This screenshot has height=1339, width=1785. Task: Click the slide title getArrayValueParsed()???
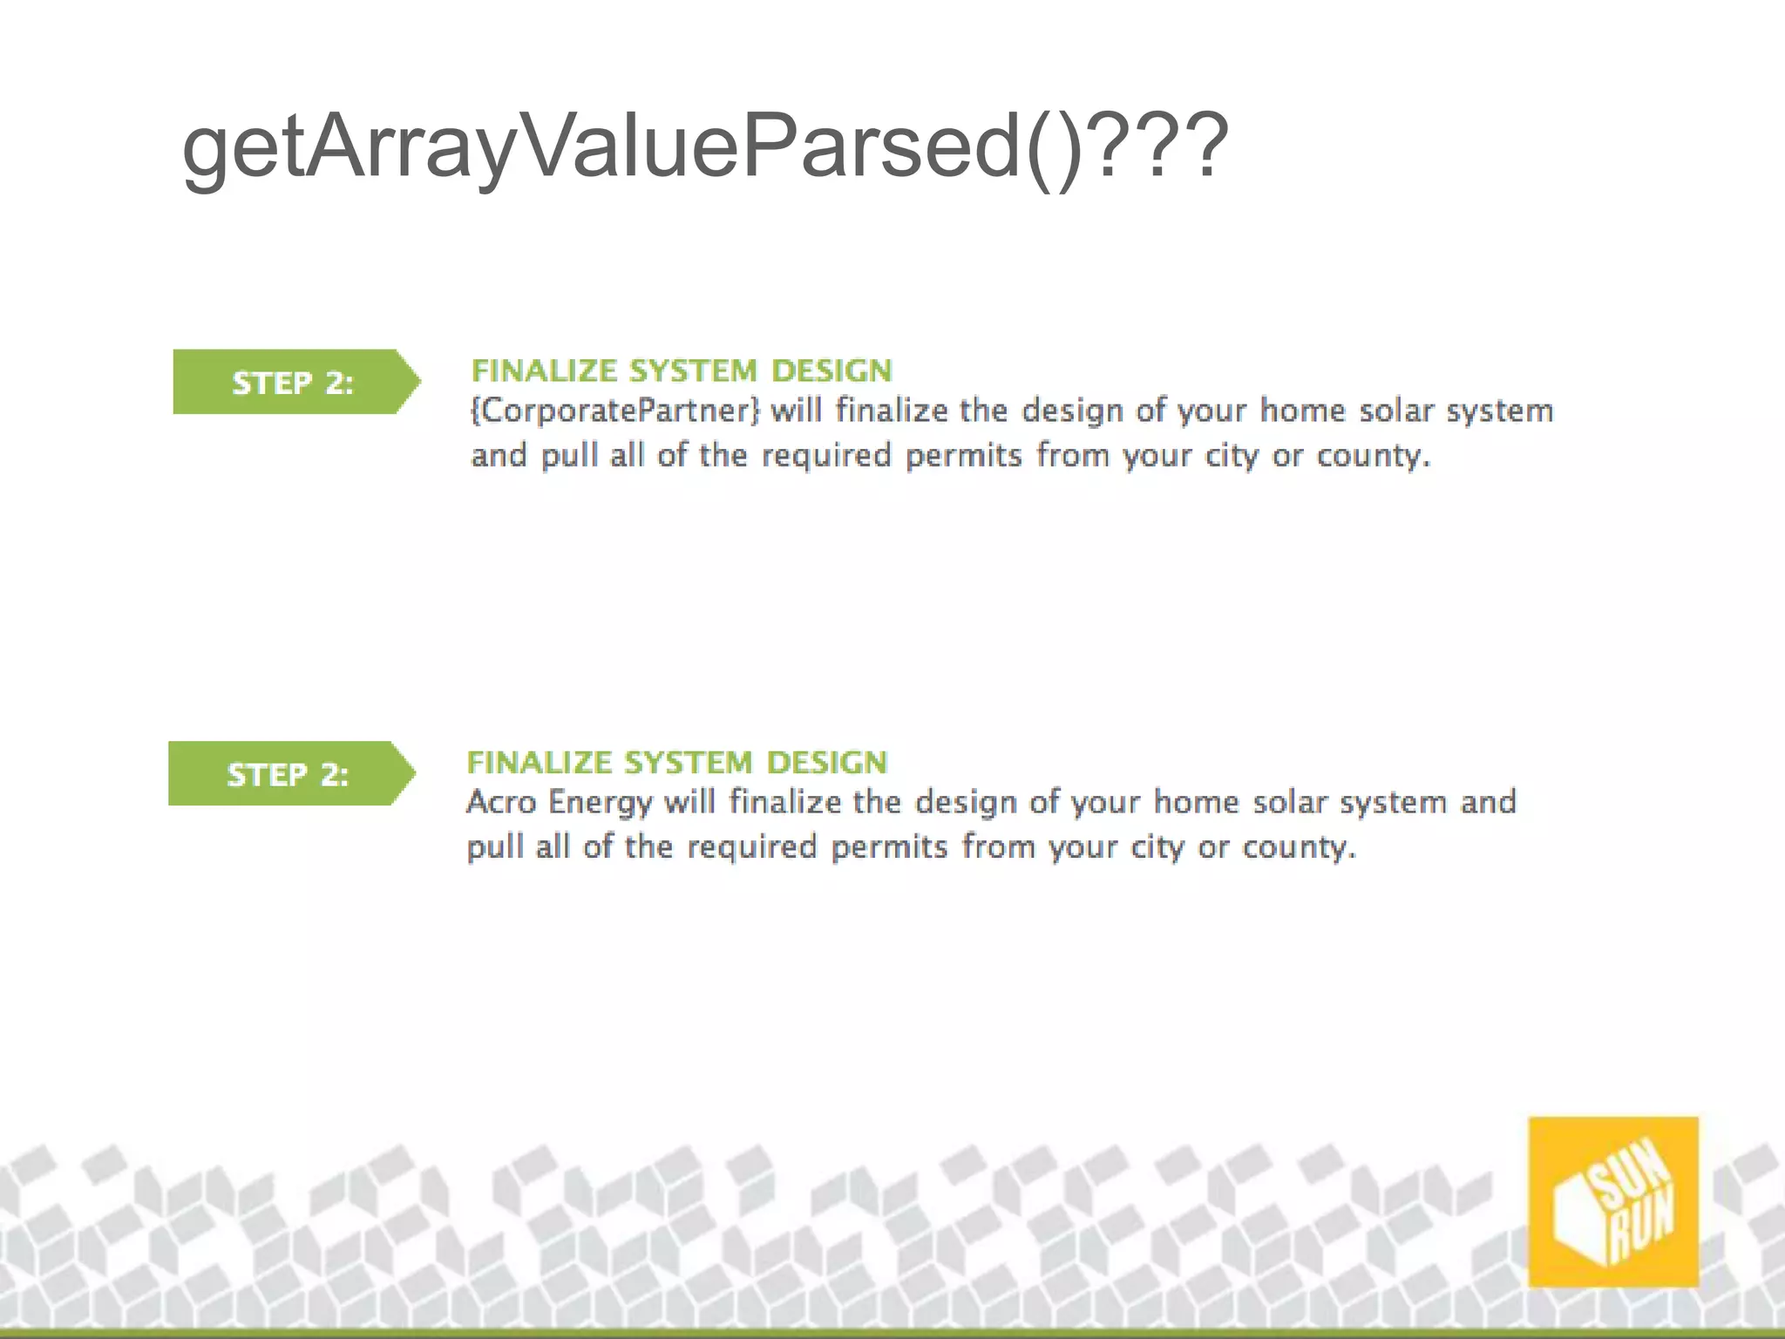(x=704, y=148)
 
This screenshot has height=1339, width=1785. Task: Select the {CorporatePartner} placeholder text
(x=615, y=411)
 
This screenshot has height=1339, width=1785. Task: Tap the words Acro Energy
(x=559, y=802)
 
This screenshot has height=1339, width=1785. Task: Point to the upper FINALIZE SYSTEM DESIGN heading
(x=682, y=371)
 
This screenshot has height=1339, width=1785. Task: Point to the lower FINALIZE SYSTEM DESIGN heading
(x=677, y=763)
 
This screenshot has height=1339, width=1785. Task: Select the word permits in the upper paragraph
(x=963, y=456)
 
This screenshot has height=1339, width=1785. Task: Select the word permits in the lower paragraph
(x=889, y=847)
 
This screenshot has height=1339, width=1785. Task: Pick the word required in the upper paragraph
(x=826, y=456)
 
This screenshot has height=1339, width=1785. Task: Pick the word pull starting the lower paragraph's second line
(x=494, y=847)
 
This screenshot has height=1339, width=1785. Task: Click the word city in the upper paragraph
(x=1232, y=456)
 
